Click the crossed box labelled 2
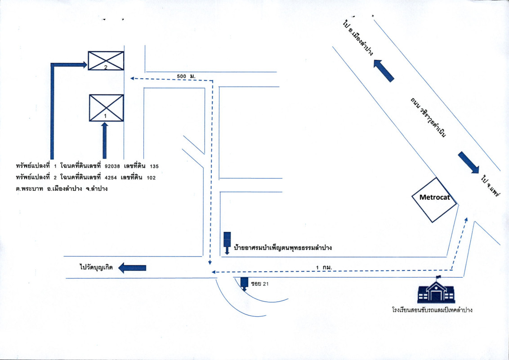click(x=106, y=61)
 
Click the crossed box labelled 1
click(x=106, y=108)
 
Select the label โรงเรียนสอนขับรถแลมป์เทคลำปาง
click(x=432, y=310)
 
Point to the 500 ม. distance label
click(x=186, y=76)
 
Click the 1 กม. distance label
click(x=324, y=268)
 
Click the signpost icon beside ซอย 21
click(x=244, y=284)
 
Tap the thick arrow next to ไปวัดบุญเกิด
click(x=132, y=268)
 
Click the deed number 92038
click(x=112, y=166)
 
